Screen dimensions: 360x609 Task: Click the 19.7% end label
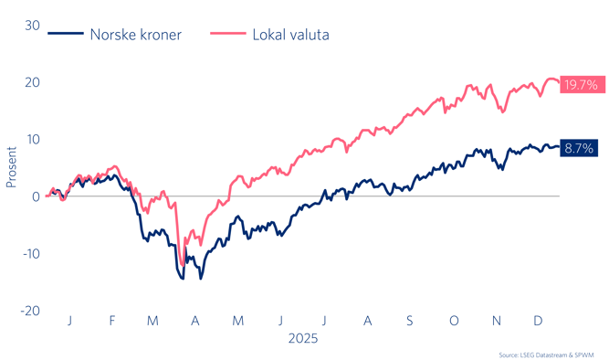(580, 85)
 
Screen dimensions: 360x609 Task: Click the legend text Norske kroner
(135, 35)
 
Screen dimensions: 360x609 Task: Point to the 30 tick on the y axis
(32, 26)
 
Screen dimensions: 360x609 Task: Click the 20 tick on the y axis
(32, 82)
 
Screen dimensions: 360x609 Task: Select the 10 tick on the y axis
(32, 139)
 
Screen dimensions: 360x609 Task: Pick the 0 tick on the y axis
(36, 196)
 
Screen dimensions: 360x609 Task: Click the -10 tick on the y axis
(29, 253)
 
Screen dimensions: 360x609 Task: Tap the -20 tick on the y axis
(29, 311)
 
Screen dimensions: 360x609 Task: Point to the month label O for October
(454, 320)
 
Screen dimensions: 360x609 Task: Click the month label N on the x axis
(497, 320)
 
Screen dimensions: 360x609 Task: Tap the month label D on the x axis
(539, 320)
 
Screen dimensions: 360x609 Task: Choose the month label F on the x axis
(111, 320)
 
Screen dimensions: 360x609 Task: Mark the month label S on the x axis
(410, 320)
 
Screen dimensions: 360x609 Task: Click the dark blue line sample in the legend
(65, 35)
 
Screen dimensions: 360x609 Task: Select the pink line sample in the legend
(227, 35)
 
